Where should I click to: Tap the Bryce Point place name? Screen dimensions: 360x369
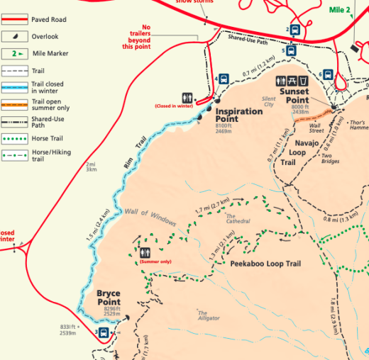coord(108,298)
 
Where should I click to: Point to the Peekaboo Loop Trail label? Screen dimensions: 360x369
coord(265,264)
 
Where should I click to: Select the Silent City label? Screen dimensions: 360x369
coord(268,101)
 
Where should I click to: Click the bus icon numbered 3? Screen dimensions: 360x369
coord(104,332)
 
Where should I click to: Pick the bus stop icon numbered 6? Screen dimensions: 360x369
coord(329,74)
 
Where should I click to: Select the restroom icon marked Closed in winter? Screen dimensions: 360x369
coord(187,96)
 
